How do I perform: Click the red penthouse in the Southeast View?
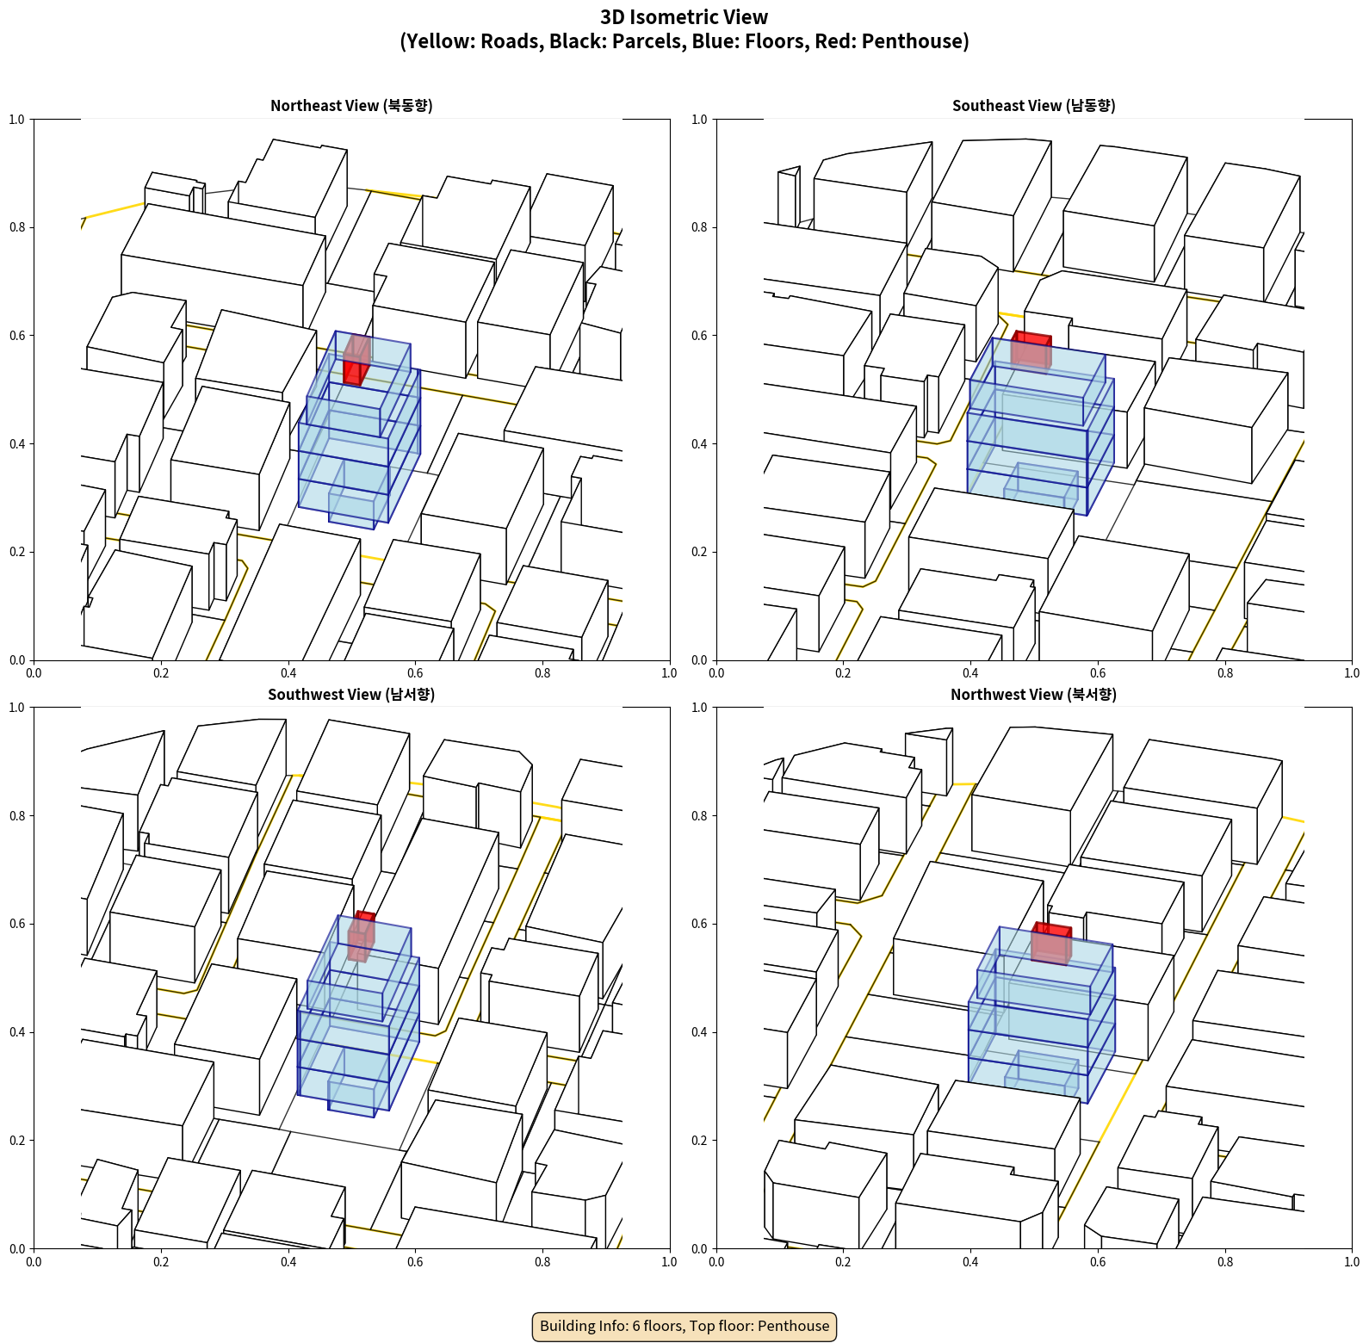point(1031,350)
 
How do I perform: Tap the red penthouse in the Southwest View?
point(362,936)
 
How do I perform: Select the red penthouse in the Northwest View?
point(1051,943)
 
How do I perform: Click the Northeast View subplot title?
point(351,105)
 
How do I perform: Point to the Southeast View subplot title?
point(1033,105)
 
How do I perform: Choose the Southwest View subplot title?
point(351,694)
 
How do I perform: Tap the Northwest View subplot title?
point(1033,694)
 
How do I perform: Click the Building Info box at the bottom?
point(684,1326)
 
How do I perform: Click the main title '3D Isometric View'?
point(684,17)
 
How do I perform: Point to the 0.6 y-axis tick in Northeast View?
point(17,336)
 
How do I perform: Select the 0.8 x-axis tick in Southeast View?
point(1225,673)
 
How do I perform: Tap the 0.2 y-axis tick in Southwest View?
point(17,1141)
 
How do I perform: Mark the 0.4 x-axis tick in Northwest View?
point(970,1262)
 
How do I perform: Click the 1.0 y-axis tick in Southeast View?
point(699,120)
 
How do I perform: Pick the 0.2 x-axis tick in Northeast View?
point(161,673)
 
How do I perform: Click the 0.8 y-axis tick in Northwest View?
point(699,816)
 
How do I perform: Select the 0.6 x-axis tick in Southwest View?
point(415,1262)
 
